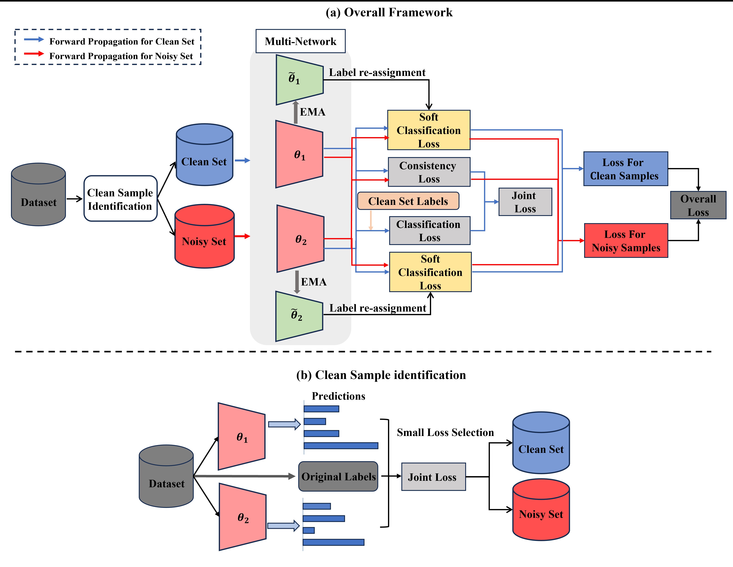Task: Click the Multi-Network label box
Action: pyautogui.click(x=300, y=41)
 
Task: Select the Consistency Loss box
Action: pyautogui.click(x=429, y=172)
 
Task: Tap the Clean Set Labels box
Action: pyautogui.click(x=408, y=201)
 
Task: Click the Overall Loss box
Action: pyautogui.click(x=698, y=205)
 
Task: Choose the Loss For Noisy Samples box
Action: pyautogui.click(x=626, y=241)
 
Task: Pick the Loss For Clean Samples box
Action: pyautogui.click(x=626, y=169)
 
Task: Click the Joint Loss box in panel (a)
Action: pyautogui.click(x=525, y=202)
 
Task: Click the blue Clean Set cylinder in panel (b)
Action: pyautogui.click(x=541, y=443)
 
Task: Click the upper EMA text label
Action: pyautogui.click(x=313, y=112)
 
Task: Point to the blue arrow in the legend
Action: pyautogui.click(x=34, y=40)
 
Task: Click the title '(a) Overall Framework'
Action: pyautogui.click(x=389, y=12)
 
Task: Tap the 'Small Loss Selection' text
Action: pyautogui.click(x=445, y=433)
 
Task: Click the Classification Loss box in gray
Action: pyautogui.click(x=430, y=231)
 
